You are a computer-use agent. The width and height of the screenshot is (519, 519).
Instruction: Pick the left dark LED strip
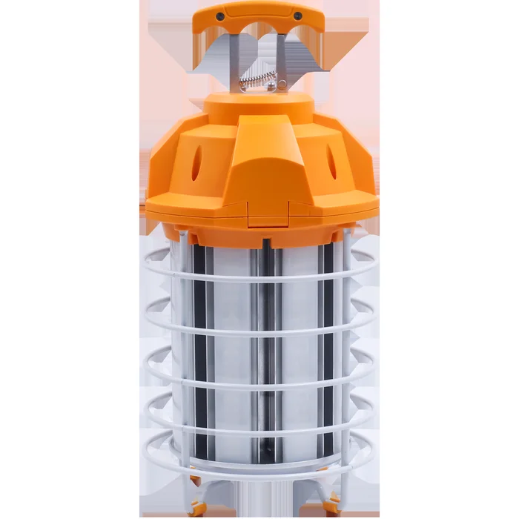(x=199, y=348)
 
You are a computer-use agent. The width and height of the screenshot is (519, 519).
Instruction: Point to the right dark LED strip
(x=325, y=348)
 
